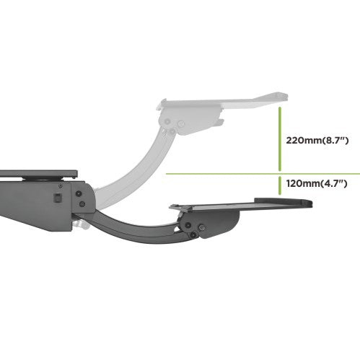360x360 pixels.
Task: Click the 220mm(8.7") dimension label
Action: click(317, 140)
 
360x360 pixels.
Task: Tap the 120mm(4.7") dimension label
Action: click(317, 184)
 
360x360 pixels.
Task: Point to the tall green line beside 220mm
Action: click(279, 139)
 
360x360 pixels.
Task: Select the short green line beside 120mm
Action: click(279, 185)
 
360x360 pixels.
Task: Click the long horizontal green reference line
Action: click(263, 174)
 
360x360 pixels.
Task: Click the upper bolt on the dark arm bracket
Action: click(79, 193)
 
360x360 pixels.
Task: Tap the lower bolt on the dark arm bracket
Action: click(82, 204)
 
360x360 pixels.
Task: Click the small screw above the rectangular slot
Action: click(61, 186)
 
